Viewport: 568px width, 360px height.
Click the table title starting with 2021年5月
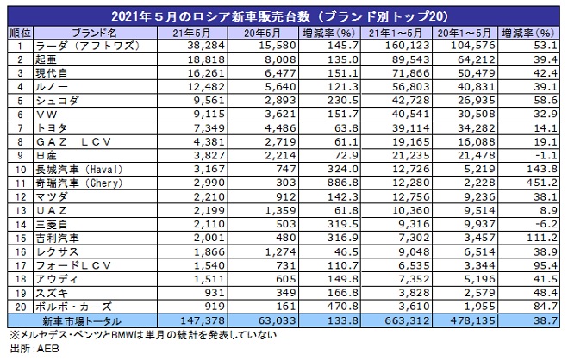284,16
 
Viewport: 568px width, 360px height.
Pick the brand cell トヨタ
52,127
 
